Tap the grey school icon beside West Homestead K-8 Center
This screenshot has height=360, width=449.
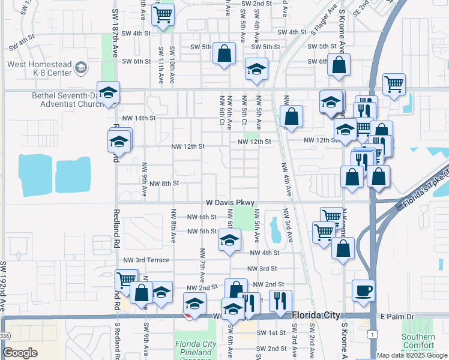[80, 68]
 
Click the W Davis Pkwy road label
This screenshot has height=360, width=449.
[231, 203]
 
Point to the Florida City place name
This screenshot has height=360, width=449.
[316, 315]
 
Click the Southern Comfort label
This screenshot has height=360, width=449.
[418, 341]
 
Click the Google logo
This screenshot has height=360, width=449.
[20, 353]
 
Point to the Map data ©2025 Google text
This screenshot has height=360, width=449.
[412, 355]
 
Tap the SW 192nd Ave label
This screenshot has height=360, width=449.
[4, 285]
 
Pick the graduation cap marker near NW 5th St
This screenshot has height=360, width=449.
[229, 241]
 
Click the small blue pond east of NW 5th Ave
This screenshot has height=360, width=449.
[274, 230]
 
